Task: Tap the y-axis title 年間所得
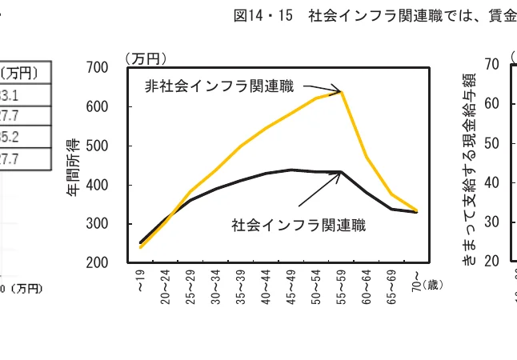pyautogui.click(x=74, y=164)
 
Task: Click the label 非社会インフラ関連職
pyautogui.click(x=218, y=86)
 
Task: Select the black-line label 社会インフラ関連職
pyautogui.click(x=299, y=225)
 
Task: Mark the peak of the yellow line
pyautogui.click(x=342, y=92)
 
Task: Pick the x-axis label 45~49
pyautogui.click(x=292, y=283)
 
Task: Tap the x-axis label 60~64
pyautogui.click(x=367, y=283)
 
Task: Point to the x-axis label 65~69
pyautogui.click(x=391, y=283)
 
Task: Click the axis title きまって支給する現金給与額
pyautogui.click(x=468, y=165)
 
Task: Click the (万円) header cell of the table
pyautogui.click(x=19, y=73)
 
